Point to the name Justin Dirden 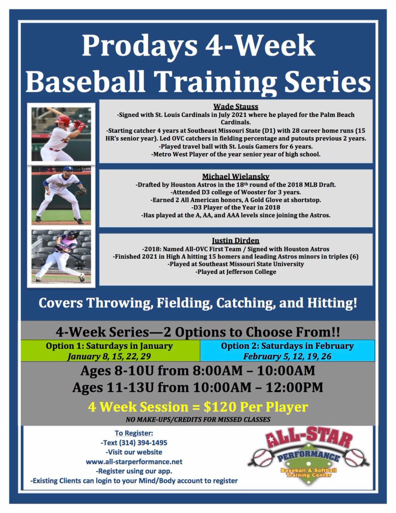point(236,241)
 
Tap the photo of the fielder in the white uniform point(61,195)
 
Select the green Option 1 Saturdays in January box point(110,350)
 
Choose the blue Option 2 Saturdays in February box point(287,350)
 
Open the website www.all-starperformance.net point(134,462)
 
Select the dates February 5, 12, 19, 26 point(287,356)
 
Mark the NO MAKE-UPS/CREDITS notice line point(198,419)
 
